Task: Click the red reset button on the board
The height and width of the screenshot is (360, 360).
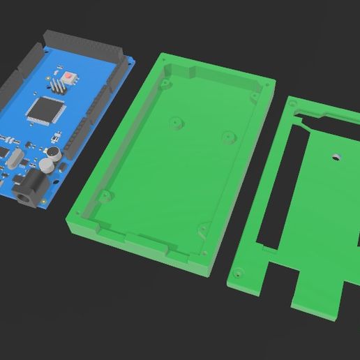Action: tap(70, 75)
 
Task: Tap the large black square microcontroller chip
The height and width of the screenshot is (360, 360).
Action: tap(45, 110)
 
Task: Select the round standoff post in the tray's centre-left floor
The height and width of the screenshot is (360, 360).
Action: tap(174, 124)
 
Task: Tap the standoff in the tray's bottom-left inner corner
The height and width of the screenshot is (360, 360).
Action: tap(105, 195)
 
